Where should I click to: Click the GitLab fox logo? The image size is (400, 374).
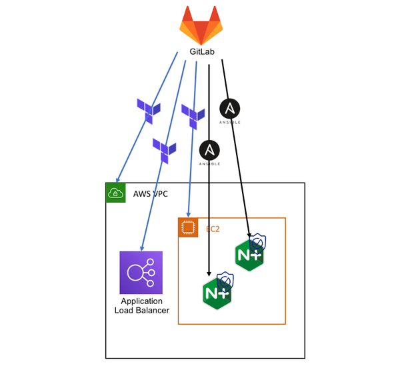click(x=201, y=25)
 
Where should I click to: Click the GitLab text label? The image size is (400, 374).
click(x=201, y=53)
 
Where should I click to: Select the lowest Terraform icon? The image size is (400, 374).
click(x=164, y=149)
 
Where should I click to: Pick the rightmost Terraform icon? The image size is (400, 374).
click(x=193, y=115)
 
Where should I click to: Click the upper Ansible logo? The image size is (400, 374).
click(x=230, y=110)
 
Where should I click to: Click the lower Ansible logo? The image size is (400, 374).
click(x=210, y=152)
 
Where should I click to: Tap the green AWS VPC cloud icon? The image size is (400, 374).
click(x=116, y=193)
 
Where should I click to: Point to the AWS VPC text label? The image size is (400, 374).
click(x=151, y=193)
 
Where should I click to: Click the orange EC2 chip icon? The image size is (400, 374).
click(x=189, y=228)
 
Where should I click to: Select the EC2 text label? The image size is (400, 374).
click(x=213, y=229)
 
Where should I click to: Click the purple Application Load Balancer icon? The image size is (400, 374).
click(x=141, y=272)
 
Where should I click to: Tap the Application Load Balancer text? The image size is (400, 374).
click(x=141, y=306)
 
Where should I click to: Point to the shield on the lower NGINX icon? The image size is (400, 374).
click(x=225, y=279)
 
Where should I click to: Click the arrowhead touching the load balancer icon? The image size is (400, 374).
click(x=141, y=248)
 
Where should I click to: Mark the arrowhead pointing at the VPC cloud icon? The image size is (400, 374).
click(x=117, y=179)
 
